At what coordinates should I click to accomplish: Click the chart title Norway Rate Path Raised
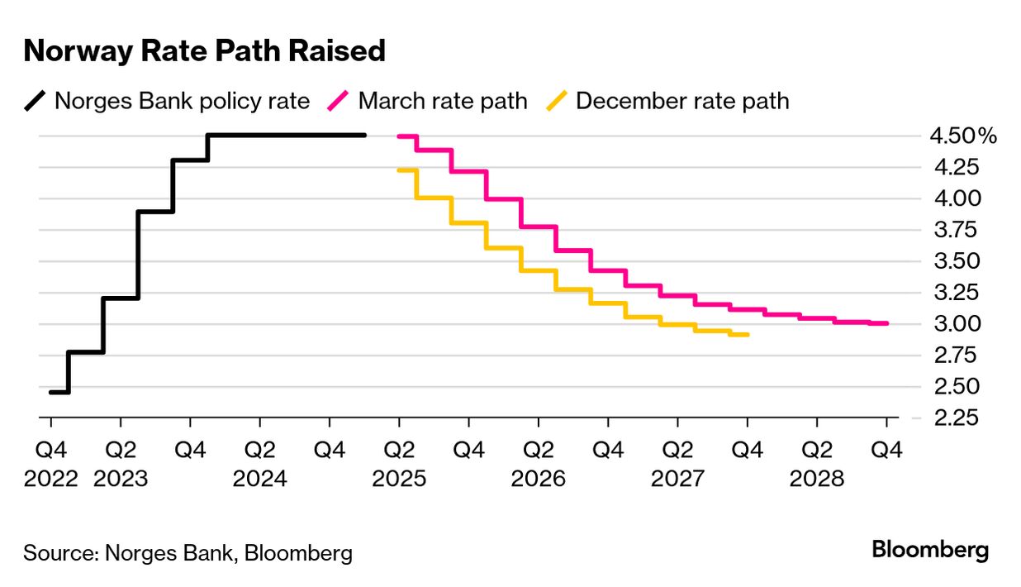[x=204, y=51]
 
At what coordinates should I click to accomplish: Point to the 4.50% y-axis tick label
[x=963, y=136]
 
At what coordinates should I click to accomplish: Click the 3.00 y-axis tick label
[x=956, y=324]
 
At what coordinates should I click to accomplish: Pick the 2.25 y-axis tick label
[x=956, y=418]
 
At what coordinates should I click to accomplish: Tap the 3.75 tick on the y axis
[x=956, y=230]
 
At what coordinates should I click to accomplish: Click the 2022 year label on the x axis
[x=50, y=479]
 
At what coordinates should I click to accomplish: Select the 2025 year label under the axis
[x=399, y=479]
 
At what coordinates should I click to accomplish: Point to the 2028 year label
[x=817, y=479]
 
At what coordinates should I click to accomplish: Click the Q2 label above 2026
[x=539, y=451]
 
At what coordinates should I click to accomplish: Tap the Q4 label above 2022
[x=50, y=451]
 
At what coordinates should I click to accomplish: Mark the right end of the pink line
[x=887, y=323]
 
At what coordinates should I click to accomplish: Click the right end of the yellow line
[x=748, y=335]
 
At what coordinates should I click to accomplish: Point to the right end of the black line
[x=364, y=136]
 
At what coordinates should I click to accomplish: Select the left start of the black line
[x=50, y=392]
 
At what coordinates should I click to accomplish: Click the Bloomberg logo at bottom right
[x=930, y=550]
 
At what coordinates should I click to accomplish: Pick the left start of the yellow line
[x=399, y=169]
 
